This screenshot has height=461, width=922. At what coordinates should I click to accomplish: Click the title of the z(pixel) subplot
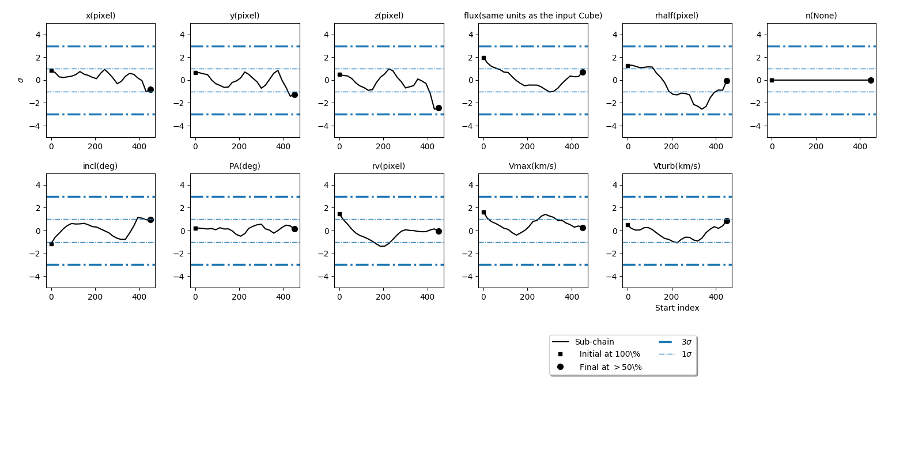click(x=389, y=16)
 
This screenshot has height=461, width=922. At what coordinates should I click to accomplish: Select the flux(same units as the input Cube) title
click(x=533, y=16)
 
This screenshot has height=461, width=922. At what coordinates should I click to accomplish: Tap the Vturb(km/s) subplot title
click(x=677, y=166)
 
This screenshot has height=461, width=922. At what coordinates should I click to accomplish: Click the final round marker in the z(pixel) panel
click(x=439, y=108)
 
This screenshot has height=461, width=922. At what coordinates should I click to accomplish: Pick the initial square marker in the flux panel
click(x=483, y=58)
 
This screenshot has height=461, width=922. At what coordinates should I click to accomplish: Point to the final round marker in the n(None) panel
click(x=871, y=80)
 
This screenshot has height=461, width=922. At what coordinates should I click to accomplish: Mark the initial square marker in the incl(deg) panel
click(x=51, y=244)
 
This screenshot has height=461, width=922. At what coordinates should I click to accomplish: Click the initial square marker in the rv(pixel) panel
click(x=339, y=214)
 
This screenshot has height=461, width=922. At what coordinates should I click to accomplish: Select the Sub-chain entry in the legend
click(x=594, y=342)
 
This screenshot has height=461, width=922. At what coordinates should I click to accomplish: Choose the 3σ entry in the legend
click(x=686, y=342)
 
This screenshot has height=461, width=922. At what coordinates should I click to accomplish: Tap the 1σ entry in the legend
click(x=686, y=354)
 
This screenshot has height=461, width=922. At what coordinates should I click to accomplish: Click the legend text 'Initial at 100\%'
click(x=610, y=354)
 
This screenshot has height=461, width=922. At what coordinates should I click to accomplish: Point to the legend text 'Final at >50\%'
click(x=610, y=367)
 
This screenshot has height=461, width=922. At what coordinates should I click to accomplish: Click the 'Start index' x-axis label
click(x=677, y=308)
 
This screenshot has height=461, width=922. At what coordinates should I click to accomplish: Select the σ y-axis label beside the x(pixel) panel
click(x=21, y=80)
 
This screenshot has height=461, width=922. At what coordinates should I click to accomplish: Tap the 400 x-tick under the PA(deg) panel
click(x=283, y=297)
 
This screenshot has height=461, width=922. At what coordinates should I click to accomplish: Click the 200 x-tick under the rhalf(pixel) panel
click(x=671, y=146)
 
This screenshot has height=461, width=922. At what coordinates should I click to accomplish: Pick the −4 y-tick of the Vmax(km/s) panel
click(x=470, y=276)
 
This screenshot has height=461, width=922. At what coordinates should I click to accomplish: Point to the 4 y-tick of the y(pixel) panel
click(x=182, y=35)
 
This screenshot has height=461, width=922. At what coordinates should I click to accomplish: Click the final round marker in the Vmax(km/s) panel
click(x=583, y=228)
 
